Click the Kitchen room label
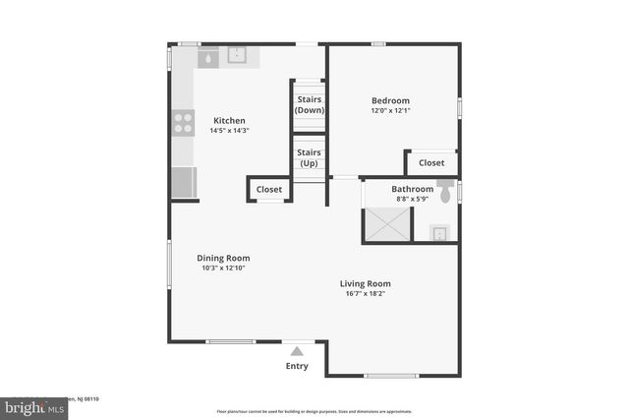click(x=229, y=120)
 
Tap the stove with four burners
click(x=183, y=123)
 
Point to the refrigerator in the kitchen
click(x=184, y=182)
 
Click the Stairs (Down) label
click(x=310, y=104)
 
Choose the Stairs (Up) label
click(x=310, y=157)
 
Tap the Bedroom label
click(x=390, y=100)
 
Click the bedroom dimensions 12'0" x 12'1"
click(x=390, y=111)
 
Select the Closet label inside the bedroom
click(x=430, y=162)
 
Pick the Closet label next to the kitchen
click(x=268, y=189)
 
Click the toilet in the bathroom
click(x=446, y=194)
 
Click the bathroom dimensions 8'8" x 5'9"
click(x=412, y=199)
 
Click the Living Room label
click(x=366, y=283)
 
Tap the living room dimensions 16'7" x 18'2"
click(x=366, y=294)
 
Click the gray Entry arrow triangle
click(x=297, y=349)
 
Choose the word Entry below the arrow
click(x=297, y=366)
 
